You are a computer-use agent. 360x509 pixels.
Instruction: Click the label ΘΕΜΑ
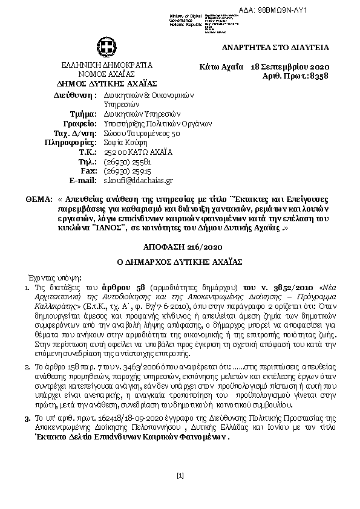pyautogui.click(x=38, y=198)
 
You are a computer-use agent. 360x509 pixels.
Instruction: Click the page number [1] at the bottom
pyautogui.click(x=180, y=476)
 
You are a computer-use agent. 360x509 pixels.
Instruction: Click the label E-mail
pyautogui.click(x=83, y=180)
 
